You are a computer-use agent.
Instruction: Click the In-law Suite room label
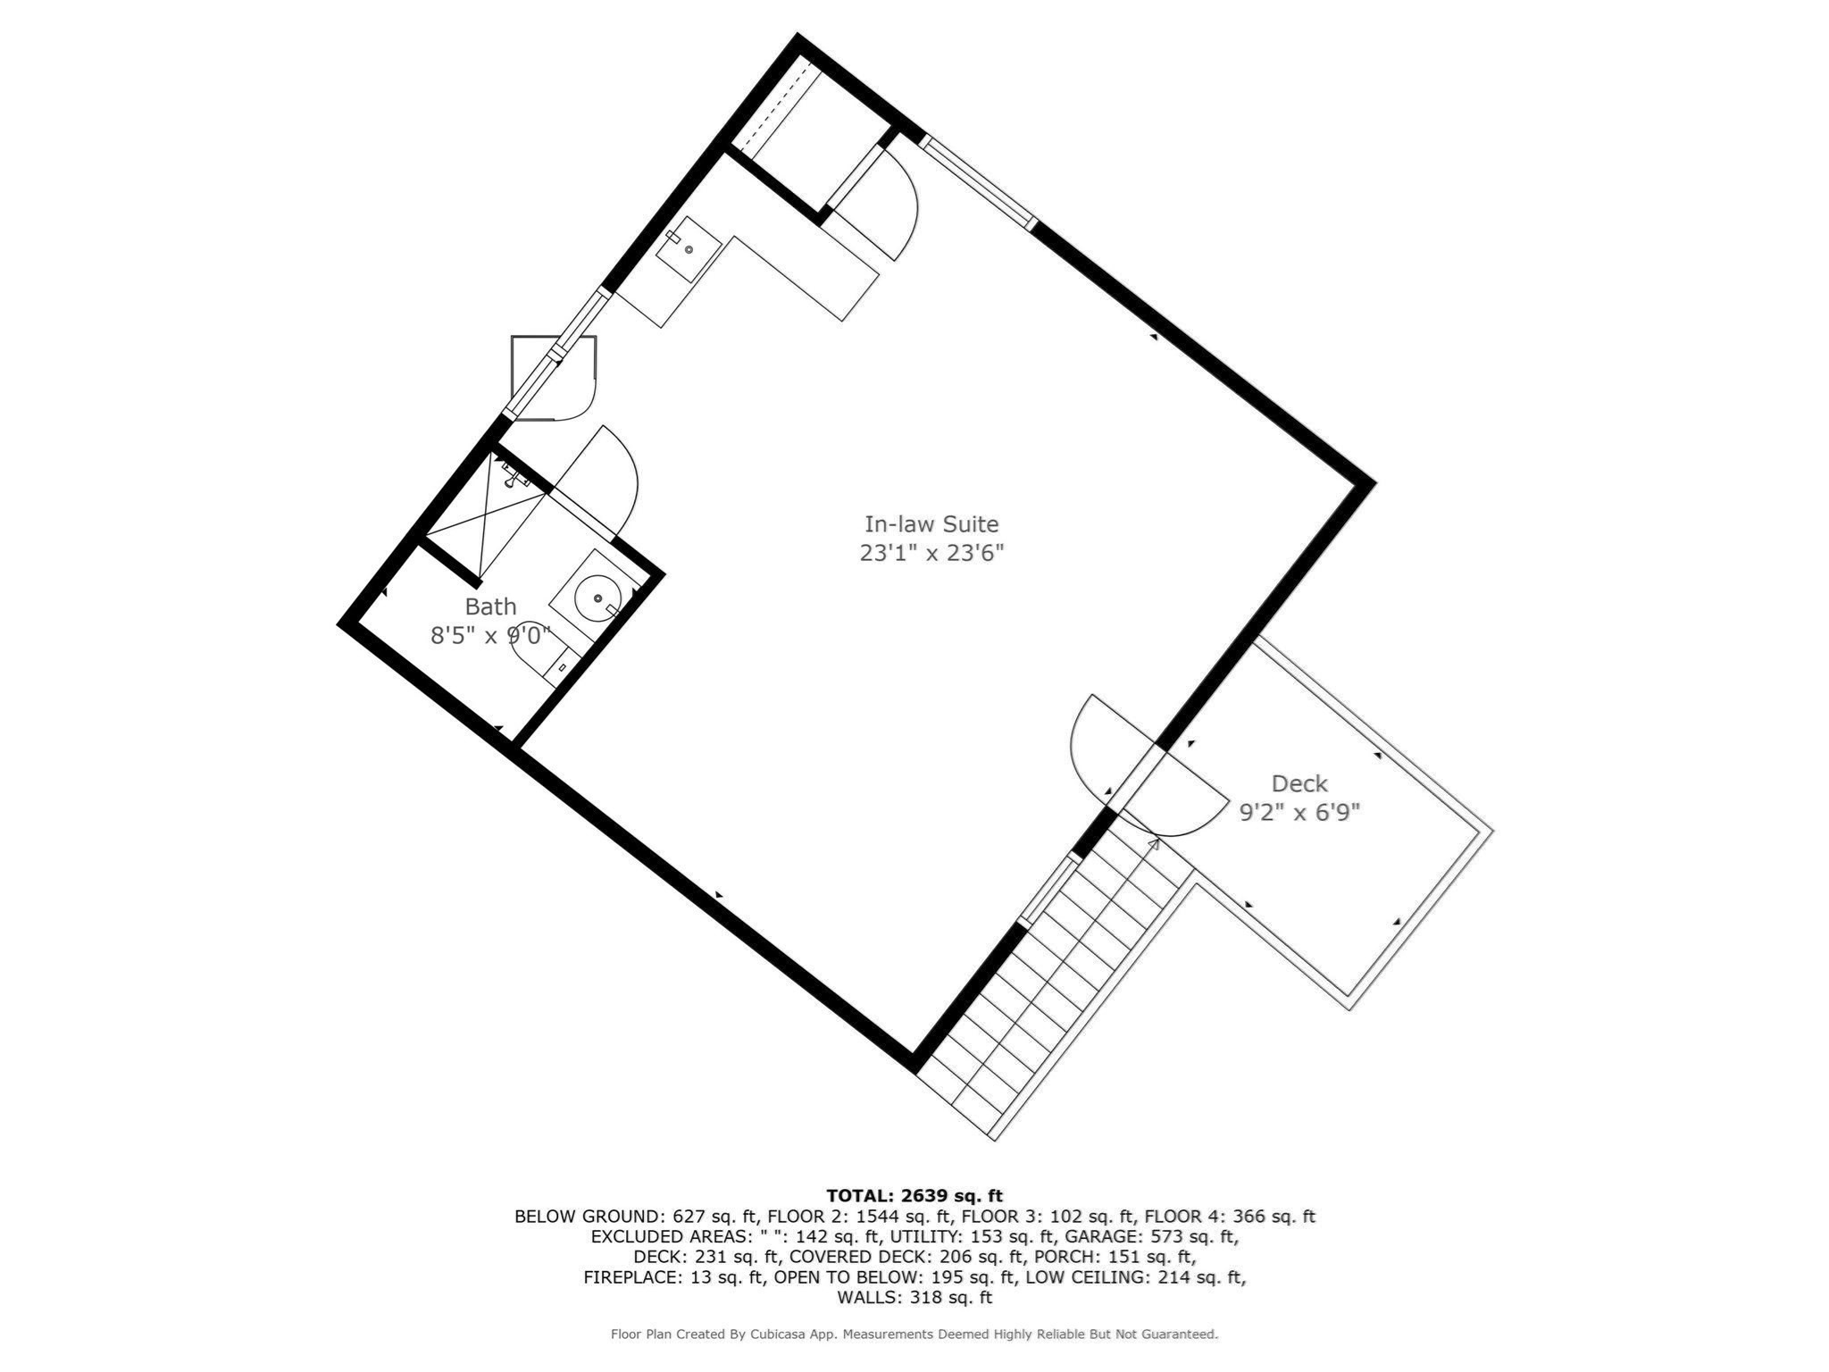(x=931, y=524)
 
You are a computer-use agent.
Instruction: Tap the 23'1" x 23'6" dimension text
(x=931, y=554)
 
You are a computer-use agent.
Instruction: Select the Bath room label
(x=490, y=607)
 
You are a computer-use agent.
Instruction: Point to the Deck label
(x=1299, y=784)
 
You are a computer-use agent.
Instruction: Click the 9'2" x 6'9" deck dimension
(x=1299, y=813)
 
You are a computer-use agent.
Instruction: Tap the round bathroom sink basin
(x=596, y=598)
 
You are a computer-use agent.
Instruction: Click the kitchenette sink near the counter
(x=689, y=248)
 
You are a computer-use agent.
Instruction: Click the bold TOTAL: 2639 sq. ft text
(x=914, y=1196)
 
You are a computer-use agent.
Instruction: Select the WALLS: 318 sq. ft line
(x=914, y=1297)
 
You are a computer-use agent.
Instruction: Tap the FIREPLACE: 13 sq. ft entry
(x=674, y=1277)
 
